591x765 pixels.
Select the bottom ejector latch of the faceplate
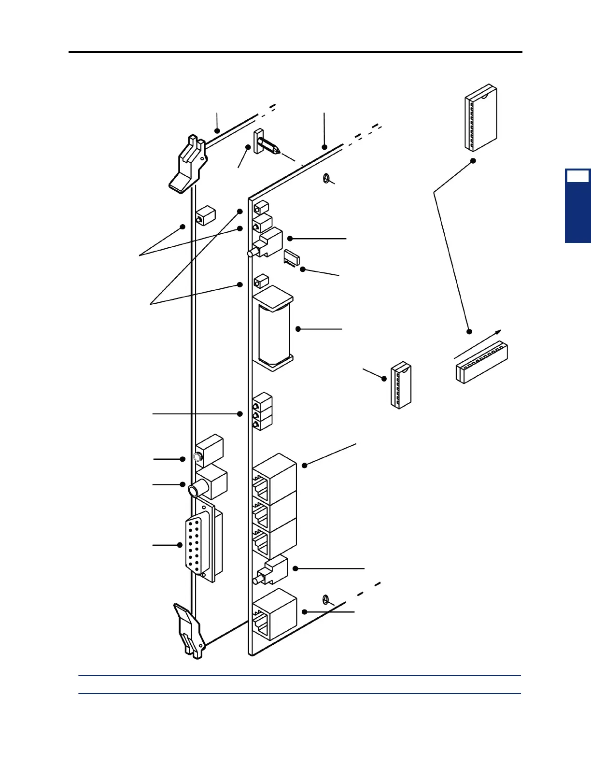click(x=190, y=630)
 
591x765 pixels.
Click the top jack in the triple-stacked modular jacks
click(x=274, y=476)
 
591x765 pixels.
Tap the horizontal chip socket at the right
click(x=481, y=364)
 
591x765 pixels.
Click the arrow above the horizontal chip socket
click(x=478, y=344)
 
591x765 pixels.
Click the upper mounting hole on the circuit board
click(x=326, y=179)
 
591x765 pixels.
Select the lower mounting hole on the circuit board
click(x=326, y=600)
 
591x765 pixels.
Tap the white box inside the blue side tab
click(x=577, y=176)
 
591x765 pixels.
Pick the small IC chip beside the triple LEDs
click(x=401, y=386)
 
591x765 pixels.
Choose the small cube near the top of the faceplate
click(x=205, y=215)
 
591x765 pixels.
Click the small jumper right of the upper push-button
click(x=292, y=257)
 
